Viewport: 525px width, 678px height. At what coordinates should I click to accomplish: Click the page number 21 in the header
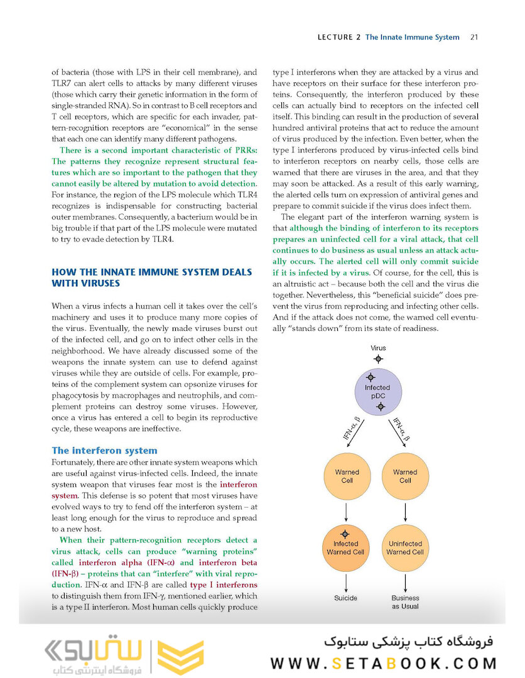(474, 37)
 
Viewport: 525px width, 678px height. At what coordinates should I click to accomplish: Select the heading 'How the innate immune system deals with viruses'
(151, 277)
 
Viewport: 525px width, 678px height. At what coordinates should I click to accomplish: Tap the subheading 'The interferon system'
(104, 450)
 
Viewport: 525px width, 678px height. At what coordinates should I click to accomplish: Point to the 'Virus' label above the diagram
(378, 348)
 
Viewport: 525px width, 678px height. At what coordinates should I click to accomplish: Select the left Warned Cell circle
(347, 476)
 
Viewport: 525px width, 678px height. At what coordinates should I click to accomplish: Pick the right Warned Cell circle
(405, 476)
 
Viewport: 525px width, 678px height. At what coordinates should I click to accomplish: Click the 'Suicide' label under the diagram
(345, 598)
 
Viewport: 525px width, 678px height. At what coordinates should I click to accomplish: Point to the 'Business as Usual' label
(405, 602)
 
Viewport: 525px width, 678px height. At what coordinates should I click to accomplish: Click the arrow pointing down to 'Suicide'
(345, 581)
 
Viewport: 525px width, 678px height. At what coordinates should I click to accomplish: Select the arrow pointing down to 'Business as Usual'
(405, 581)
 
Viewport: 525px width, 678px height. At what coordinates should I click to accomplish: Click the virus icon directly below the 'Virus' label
(377, 359)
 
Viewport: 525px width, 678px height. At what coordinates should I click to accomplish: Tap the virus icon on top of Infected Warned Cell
(345, 534)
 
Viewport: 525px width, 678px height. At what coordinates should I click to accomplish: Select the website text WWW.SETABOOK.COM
(383, 663)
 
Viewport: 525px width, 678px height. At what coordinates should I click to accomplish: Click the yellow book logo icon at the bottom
(180, 656)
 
